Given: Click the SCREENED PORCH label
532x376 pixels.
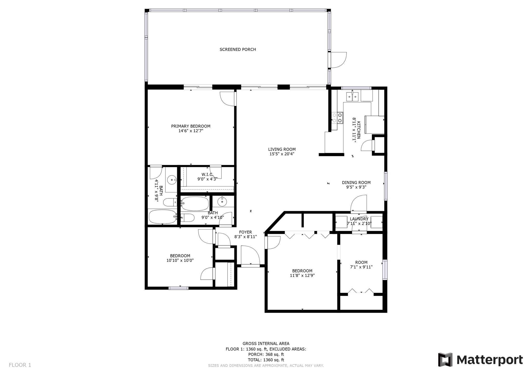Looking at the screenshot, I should (x=238, y=49).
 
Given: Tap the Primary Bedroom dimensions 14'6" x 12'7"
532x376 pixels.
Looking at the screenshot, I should (x=191, y=131).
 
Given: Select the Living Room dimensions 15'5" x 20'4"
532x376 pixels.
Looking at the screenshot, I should (x=282, y=154).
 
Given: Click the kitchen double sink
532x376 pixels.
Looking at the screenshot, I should (x=352, y=97).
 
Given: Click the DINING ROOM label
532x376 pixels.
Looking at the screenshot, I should (x=356, y=183).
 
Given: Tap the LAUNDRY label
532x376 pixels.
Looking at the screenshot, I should (x=359, y=219).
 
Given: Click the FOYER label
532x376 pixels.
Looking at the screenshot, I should (x=245, y=232).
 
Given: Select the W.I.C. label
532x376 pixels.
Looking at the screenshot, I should (x=207, y=174).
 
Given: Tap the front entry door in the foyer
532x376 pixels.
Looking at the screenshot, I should (x=250, y=256).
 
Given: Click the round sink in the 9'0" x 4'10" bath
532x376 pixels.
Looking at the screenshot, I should (x=222, y=202).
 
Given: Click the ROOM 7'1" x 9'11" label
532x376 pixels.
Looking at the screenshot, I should (x=361, y=262).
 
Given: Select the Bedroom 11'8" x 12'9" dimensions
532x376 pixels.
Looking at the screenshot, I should (x=302, y=276).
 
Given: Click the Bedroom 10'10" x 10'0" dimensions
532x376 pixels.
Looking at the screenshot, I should (x=180, y=260).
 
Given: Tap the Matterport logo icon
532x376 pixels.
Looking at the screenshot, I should (x=445, y=360).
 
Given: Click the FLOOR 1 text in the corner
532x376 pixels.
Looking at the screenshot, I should (x=20, y=365).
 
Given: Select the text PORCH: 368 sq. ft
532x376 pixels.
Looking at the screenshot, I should (x=266, y=354).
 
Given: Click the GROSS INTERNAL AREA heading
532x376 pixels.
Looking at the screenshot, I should (x=266, y=344).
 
